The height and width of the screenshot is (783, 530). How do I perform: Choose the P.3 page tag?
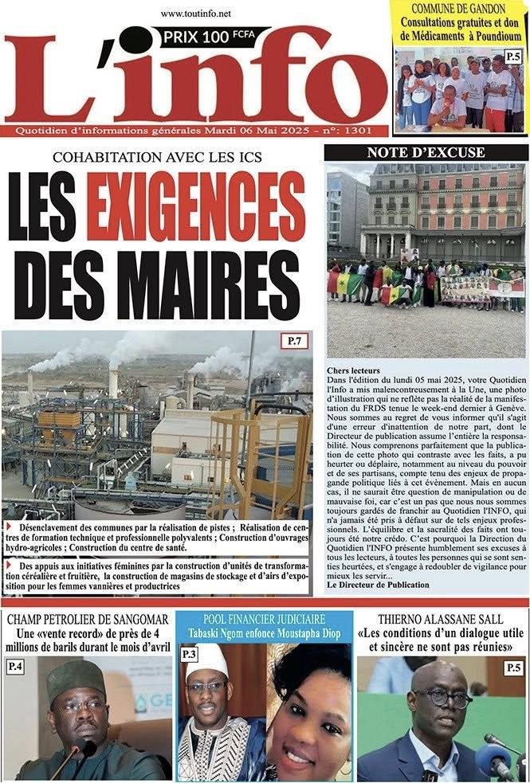point(189,654)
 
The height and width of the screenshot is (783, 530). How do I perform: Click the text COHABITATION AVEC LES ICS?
point(159,158)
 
